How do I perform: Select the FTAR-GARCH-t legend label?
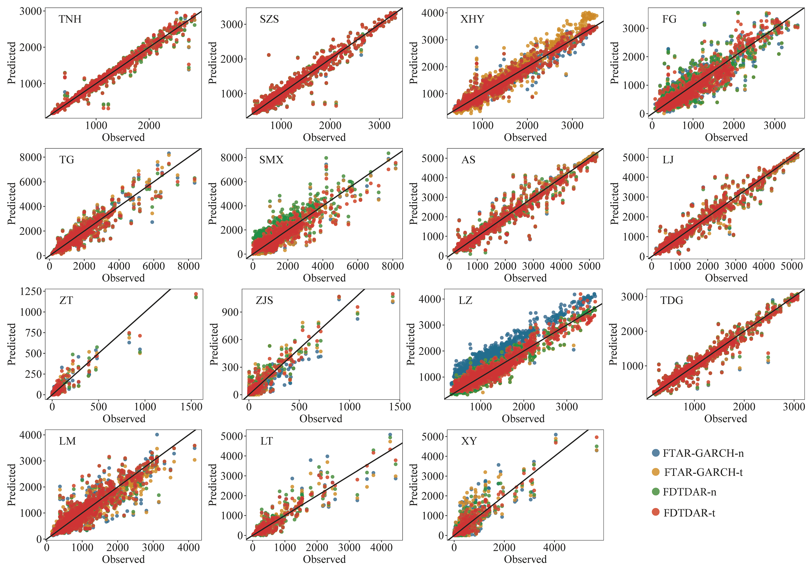pyautogui.click(x=703, y=472)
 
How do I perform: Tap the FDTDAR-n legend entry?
pyautogui.click(x=689, y=492)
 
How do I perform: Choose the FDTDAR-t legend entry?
pyautogui.click(x=689, y=513)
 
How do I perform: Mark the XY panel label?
pyautogui.click(x=469, y=441)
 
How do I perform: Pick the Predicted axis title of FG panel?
pyautogui.click(x=615, y=63)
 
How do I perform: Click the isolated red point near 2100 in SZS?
pyautogui.click(x=269, y=55)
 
